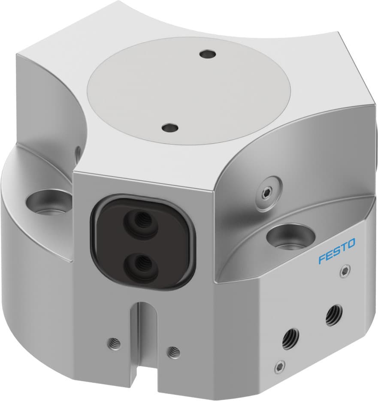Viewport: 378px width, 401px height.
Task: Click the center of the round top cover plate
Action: (x=189, y=90)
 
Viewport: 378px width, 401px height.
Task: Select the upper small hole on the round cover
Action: (x=208, y=54)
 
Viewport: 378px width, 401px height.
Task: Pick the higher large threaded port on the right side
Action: (x=333, y=315)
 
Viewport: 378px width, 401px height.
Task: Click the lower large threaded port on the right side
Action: (x=291, y=338)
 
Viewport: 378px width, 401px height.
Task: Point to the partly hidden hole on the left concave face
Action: (x=78, y=152)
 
